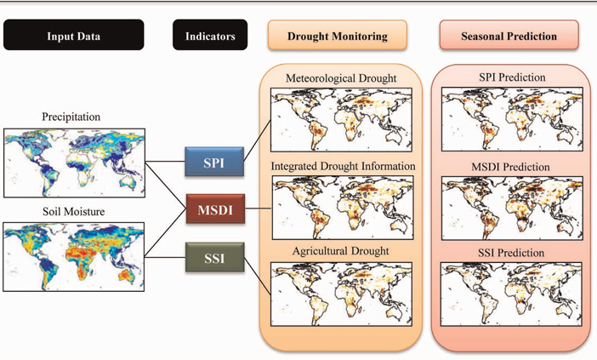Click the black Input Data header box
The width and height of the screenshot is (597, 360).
(73, 37)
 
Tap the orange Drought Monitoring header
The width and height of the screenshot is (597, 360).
(338, 37)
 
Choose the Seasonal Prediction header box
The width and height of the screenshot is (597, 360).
(509, 37)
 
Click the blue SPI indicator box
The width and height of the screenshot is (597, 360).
(214, 162)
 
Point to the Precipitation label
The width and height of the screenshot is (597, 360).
(71, 117)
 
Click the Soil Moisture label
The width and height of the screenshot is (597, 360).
(71, 211)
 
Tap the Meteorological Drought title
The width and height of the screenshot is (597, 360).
(341, 79)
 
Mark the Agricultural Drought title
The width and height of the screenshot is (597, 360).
(341, 252)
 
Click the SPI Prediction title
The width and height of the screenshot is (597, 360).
(512, 78)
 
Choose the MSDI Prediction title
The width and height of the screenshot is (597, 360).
(512, 166)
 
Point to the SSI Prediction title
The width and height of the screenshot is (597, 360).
(512, 252)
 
